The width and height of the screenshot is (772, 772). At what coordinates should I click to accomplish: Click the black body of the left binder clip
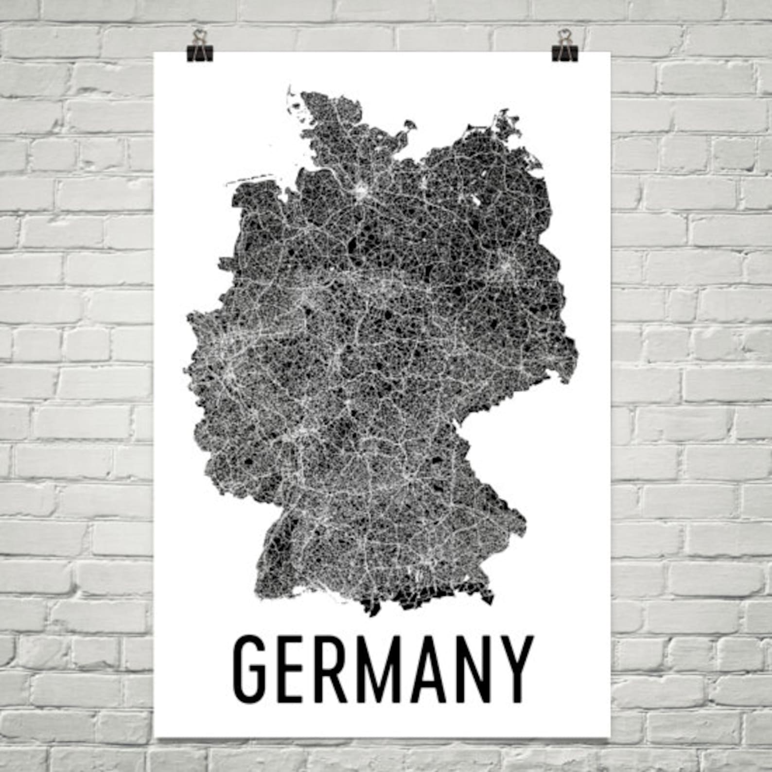(x=199, y=53)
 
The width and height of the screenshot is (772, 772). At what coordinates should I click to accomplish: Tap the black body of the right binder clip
(x=564, y=53)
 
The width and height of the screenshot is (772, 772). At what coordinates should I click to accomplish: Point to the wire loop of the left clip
(x=199, y=37)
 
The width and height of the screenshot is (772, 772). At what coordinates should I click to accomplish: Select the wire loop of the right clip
(x=564, y=37)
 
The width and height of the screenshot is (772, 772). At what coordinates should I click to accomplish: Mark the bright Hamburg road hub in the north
(x=362, y=191)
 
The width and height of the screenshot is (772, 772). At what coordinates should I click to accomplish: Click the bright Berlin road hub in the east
(x=506, y=267)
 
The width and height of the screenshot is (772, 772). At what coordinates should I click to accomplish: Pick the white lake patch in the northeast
(x=475, y=200)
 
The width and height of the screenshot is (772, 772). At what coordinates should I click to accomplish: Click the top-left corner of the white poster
(x=155, y=52)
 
